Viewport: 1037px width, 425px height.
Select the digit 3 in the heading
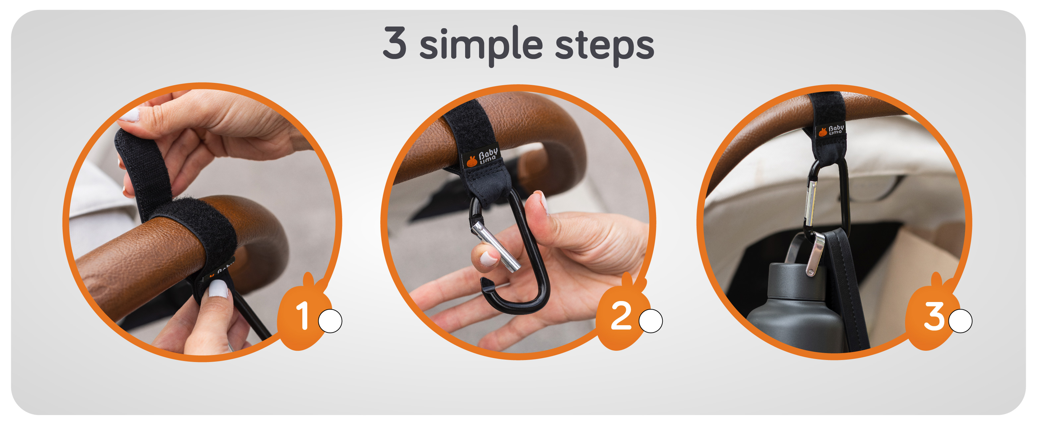click(395, 43)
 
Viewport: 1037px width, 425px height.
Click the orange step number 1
click(303, 316)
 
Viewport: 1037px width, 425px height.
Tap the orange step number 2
click(621, 316)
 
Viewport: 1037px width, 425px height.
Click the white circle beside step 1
click(330, 321)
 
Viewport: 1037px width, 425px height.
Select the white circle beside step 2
click(650, 321)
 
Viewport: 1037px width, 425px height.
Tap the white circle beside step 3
click(960, 321)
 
